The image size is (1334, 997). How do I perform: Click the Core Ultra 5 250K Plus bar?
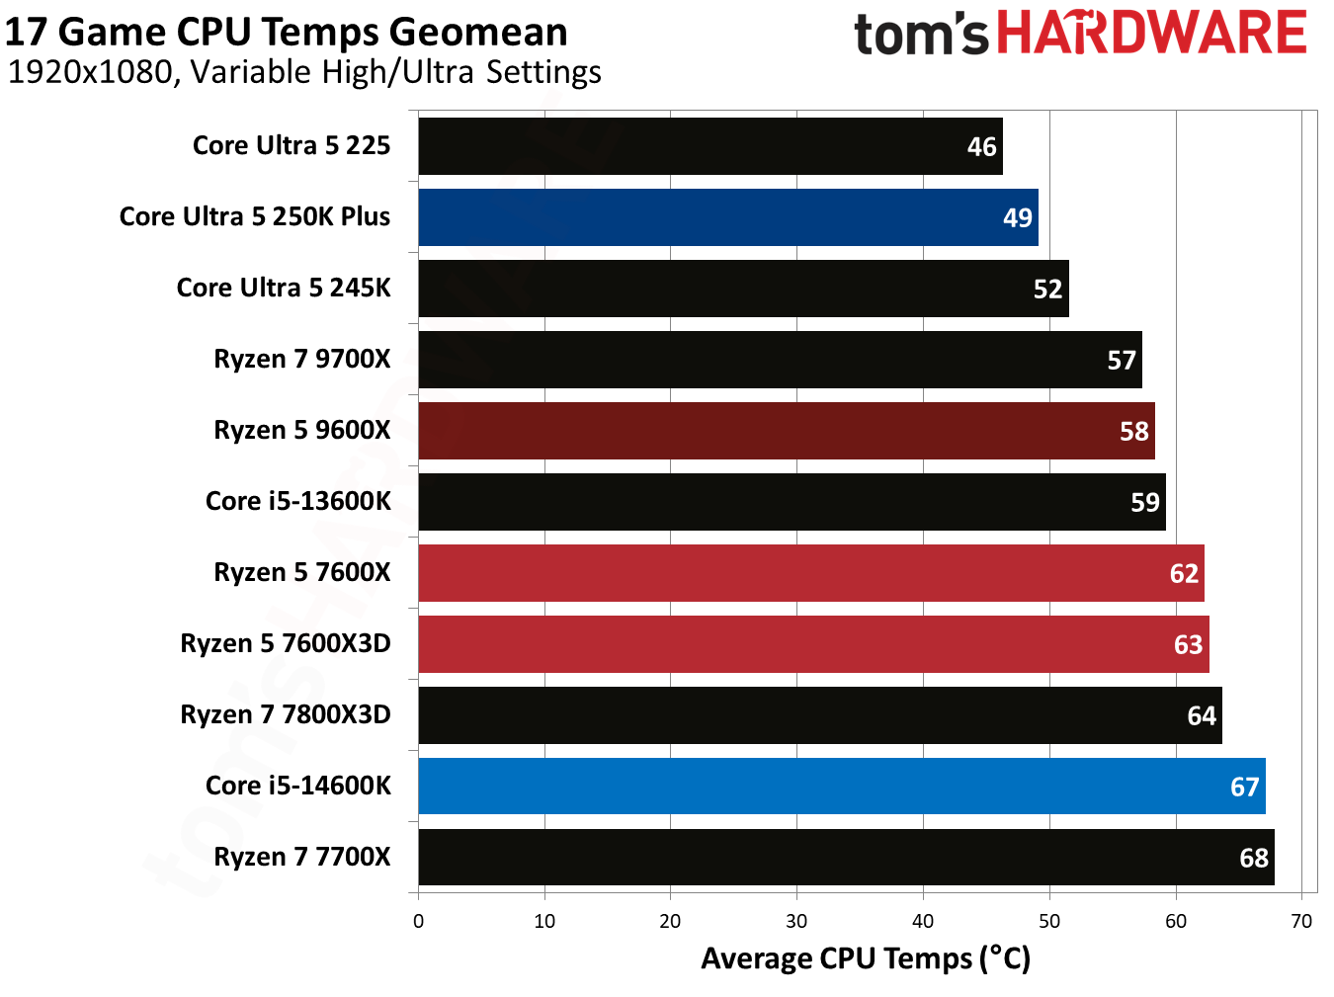coord(727,217)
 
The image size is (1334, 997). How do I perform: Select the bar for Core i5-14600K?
coord(841,787)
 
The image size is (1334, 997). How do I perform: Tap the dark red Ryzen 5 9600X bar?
coord(786,431)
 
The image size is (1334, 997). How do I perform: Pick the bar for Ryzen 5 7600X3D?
coord(813,644)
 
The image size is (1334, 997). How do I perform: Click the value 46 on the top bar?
coord(981,147)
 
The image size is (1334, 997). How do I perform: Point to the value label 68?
coord(1253,858)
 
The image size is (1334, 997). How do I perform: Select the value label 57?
coord(1121,360)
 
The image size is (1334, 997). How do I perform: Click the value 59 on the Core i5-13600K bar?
coord(1144,502)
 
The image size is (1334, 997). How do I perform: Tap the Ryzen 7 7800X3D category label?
coord(286,714)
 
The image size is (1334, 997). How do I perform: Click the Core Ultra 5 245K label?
coord(284,288)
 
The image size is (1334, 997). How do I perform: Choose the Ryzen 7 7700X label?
coord(302,857)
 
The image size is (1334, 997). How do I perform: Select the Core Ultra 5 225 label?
coord(292,145)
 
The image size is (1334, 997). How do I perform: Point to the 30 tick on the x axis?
coord(796,922)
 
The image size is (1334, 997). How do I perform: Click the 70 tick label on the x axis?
coord(1301,922)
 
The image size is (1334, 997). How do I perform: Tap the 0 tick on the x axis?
coord(418,922)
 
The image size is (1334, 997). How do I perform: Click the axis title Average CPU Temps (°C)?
coord(866,958)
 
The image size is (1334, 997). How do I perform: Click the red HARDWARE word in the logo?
coord(1151,33)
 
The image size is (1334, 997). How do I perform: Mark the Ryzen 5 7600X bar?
coord(810,573)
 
